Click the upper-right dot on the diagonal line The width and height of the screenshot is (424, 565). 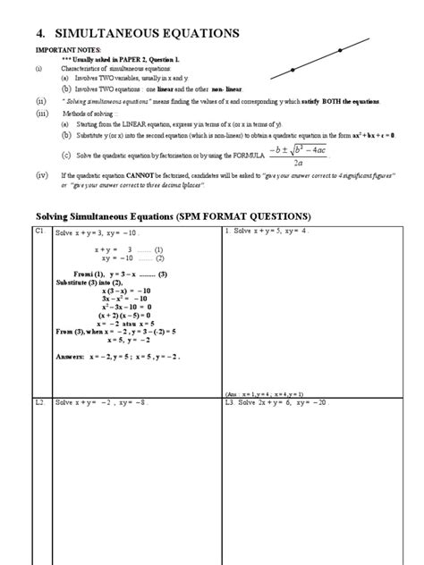tap(341, 50)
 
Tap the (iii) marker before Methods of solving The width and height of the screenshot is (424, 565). tap(39, 114)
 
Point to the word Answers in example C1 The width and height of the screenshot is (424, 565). tap(68, 355)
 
